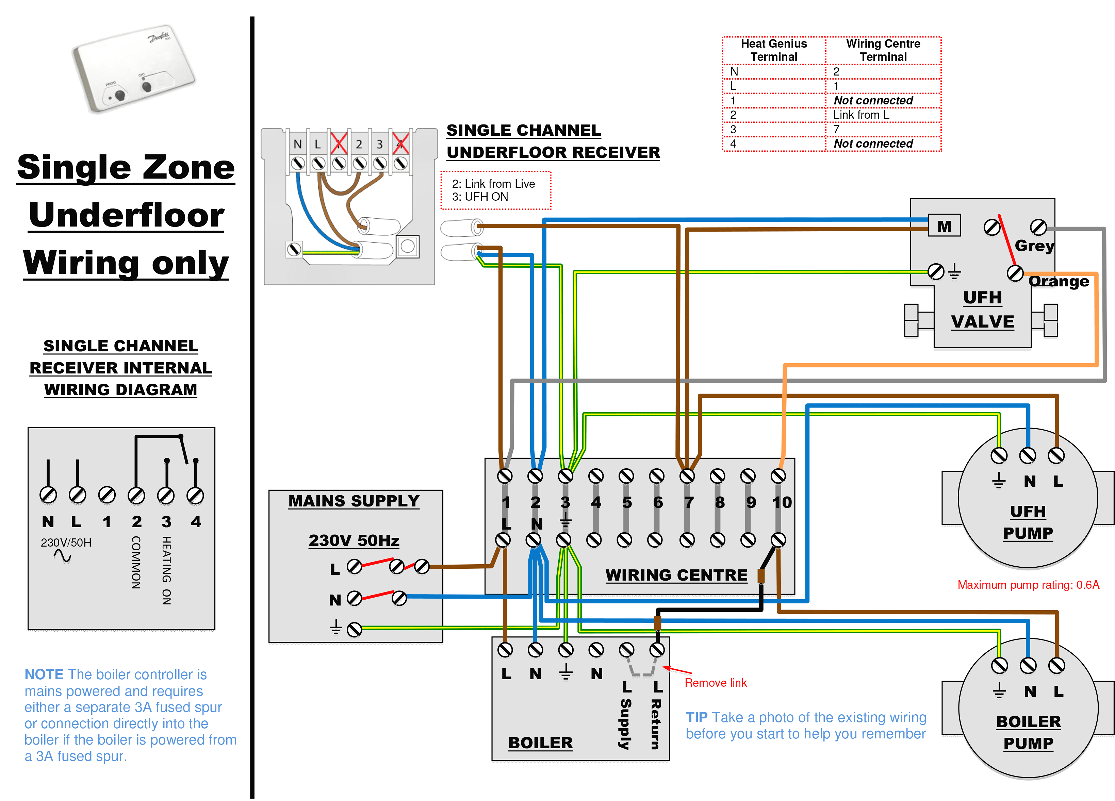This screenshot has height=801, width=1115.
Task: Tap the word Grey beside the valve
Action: [x=1034, y=245]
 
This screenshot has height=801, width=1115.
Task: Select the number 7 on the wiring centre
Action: [x=688, y=502]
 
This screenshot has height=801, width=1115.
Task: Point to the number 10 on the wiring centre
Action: [x=782, y=502]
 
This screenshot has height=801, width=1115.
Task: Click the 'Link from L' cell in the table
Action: [x=861, y=115]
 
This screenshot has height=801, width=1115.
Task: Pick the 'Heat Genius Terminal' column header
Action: [x=773, y=50]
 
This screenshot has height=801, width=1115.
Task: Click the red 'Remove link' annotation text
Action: [x=715, y=683]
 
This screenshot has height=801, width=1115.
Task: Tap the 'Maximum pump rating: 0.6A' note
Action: [x=1028, y=585]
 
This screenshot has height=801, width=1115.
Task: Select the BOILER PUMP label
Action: [x=1028, y=732]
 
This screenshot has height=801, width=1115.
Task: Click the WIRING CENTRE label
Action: [x=676, y=575]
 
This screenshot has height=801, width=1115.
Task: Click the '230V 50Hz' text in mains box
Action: [x=354, y=540]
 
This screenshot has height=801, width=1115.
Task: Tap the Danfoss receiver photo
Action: [x=133, y=69]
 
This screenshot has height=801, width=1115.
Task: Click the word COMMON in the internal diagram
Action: [x=136, y=562]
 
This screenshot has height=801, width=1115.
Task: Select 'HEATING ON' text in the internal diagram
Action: [x=167, y=570]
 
